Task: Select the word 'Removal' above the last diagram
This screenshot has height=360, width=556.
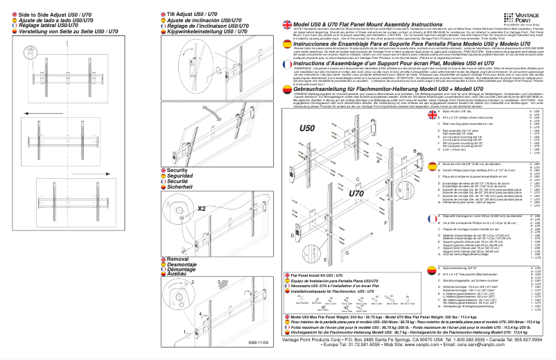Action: (x=178, y=258)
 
